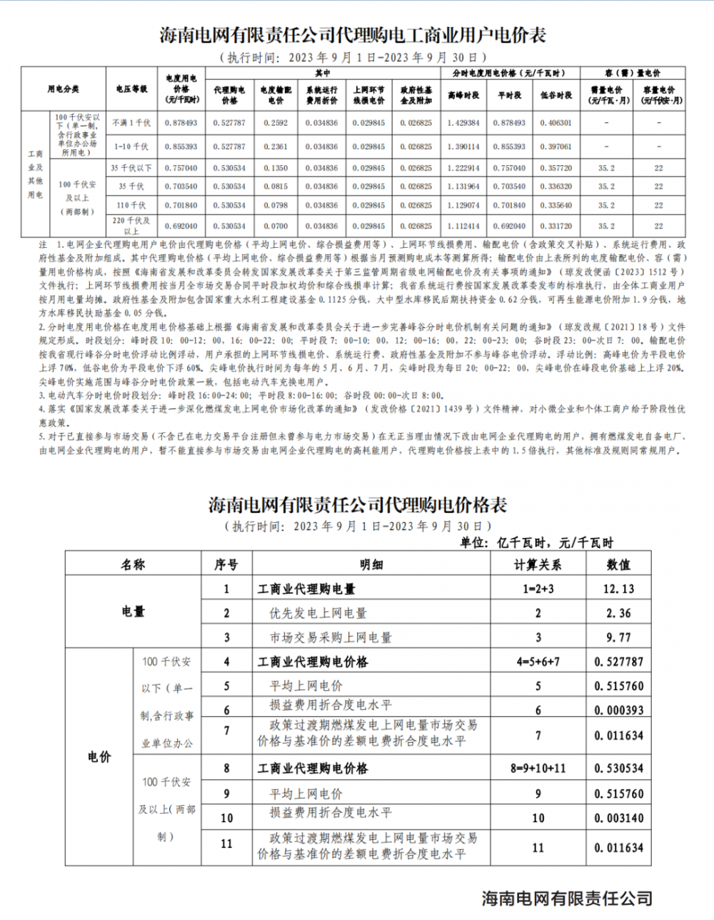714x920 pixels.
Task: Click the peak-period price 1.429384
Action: (463, 123)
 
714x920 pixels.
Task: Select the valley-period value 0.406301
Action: (556, 123)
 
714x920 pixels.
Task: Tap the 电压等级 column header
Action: (131, 89)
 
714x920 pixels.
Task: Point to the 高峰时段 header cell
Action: (463, 94)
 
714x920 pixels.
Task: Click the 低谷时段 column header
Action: (556, 94)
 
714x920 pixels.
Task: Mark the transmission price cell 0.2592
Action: (276, 123)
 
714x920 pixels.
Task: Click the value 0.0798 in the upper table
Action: (276, 206)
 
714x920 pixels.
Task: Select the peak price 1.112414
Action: (463, 226)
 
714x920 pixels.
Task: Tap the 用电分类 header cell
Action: (63, 89)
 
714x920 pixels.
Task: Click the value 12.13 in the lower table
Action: (618, 589)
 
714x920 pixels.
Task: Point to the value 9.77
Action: (618, 637)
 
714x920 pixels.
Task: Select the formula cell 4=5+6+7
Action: (538, 662)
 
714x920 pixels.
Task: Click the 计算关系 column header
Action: (538, 564)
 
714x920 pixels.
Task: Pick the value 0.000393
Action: (618, 711)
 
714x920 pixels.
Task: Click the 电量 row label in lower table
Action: (133, 612)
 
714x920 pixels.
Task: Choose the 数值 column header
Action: (618, 564)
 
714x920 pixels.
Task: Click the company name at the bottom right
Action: (567, 899)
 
